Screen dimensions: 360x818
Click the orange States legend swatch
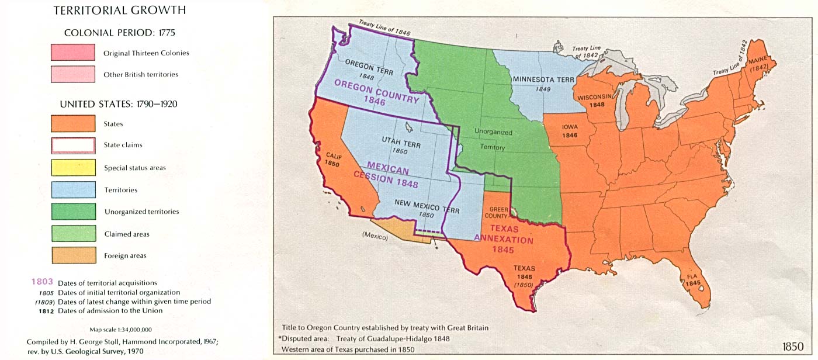[73, 123]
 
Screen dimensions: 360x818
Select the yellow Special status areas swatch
[73, 167]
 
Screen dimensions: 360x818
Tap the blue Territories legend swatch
[73, 189]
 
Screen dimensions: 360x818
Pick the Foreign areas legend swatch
[73, 255]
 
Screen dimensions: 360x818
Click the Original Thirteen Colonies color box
[73, 53]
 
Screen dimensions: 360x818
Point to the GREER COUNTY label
[498, 212]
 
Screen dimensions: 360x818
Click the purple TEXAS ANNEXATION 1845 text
[503, 239]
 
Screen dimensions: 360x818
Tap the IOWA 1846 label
[570, 130]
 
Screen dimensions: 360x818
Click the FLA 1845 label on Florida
[693, 279]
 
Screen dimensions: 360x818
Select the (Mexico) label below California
[375, 236]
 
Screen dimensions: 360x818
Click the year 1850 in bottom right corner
[792, 346]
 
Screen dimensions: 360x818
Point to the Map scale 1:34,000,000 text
[120, 330]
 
